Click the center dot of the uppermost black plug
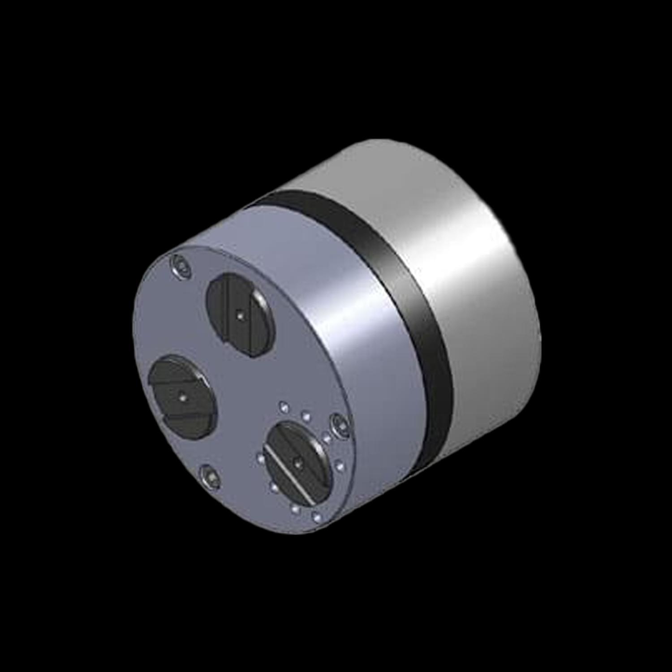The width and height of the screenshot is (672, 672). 241,316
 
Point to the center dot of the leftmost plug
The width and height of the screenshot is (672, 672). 182,396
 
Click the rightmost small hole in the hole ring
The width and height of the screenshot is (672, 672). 340,466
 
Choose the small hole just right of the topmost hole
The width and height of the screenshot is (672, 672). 306,417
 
